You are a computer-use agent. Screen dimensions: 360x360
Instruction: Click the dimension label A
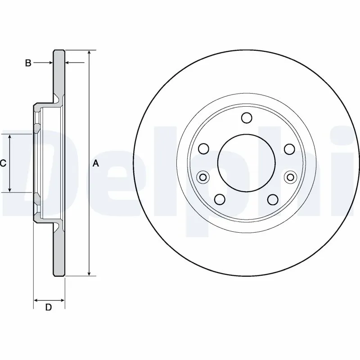coord(95,164)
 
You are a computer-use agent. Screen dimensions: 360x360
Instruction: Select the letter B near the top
coord(28,63)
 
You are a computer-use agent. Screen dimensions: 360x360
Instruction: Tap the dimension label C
coord(3,164)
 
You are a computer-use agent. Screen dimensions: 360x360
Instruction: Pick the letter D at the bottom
coord(49,308)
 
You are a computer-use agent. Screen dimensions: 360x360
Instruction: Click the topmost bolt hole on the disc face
coord(246,118)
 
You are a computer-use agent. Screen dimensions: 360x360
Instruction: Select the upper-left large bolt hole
coord(204,148)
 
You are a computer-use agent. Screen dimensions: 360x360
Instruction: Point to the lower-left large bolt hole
coord(220,199)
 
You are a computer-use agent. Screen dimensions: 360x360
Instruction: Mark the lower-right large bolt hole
coord(272,199)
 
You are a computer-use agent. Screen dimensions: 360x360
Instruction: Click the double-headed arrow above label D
coord(49,300)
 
